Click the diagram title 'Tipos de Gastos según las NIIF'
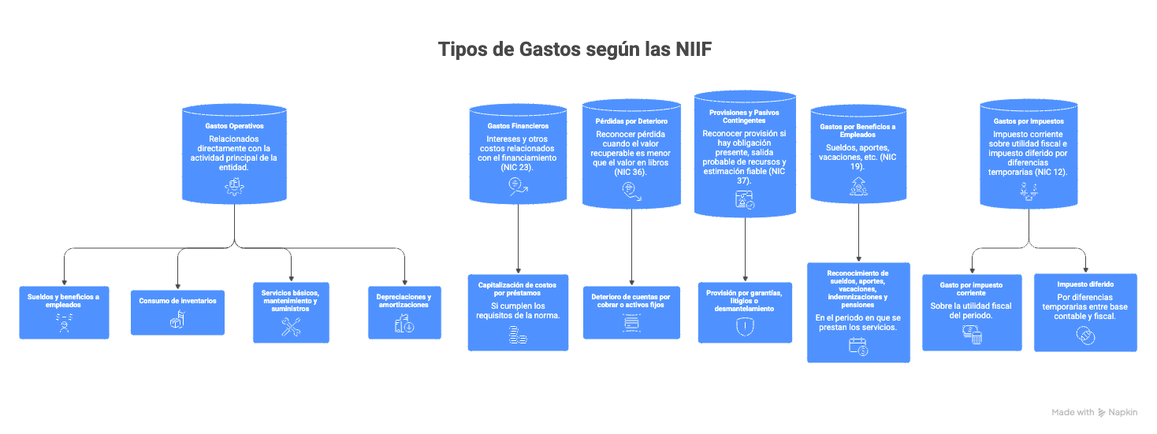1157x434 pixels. (x=575, y=50)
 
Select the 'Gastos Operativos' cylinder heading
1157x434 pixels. (x=234, y=126)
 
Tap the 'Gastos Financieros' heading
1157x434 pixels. (x=518, y=126)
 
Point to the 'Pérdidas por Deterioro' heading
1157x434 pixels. (x=631, y=121)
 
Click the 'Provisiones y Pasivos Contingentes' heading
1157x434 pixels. (x=744, y=117)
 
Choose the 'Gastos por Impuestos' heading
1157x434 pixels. (x=1029, y=121)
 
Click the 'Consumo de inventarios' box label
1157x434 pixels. (x=177, y=301)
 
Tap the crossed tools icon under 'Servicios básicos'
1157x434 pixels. (x=291, y=327)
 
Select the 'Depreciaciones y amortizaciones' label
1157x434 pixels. (x=404, y=301)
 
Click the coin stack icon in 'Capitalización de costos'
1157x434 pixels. (x=518, y=336)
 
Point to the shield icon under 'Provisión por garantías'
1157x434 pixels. (x=745, y=327)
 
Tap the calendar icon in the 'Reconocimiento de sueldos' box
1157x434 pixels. (x=858, y=347)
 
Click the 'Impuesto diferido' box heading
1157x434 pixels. (x=1085, y=284)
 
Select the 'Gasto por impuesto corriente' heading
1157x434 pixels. (x=971, y=289)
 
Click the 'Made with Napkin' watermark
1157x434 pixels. (x=1095, y=412)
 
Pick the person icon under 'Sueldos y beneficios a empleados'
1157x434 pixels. (x=64, y=323)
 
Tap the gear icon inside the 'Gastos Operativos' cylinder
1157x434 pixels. (x=235, y=187)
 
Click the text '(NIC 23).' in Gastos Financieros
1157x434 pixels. (x=516, y=168)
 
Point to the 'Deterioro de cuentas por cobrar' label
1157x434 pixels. (x=631, y=301)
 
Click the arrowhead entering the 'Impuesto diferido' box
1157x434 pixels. (x=1086, y=270)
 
